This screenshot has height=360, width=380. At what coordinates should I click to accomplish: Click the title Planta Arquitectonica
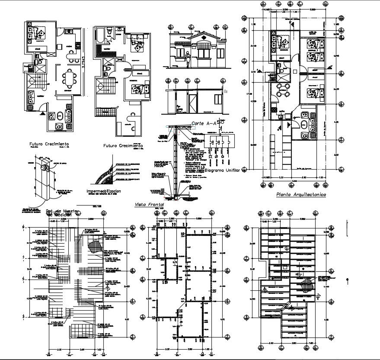pos(301,195)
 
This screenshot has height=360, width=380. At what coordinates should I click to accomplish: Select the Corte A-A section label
pos(204,123)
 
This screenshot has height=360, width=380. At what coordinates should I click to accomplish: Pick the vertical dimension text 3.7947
pos(83,63)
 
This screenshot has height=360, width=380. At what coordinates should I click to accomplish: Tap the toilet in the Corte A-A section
pos(180,108)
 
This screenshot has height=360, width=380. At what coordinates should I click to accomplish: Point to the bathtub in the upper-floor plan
pos(99,35)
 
